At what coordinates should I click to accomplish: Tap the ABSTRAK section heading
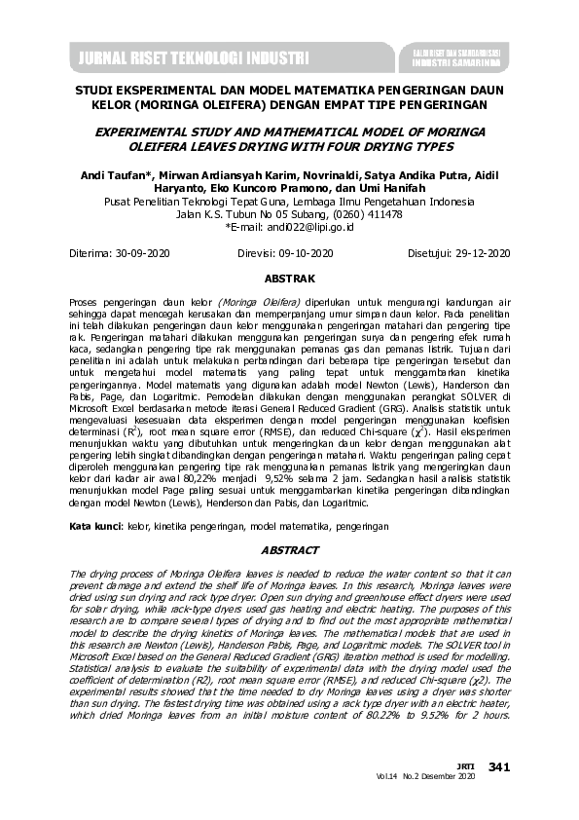coord(289,279)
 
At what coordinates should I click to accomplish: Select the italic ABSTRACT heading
coord(289,550)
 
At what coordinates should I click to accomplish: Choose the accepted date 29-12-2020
coord(479,253)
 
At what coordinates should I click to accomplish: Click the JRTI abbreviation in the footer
coord(467,766)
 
